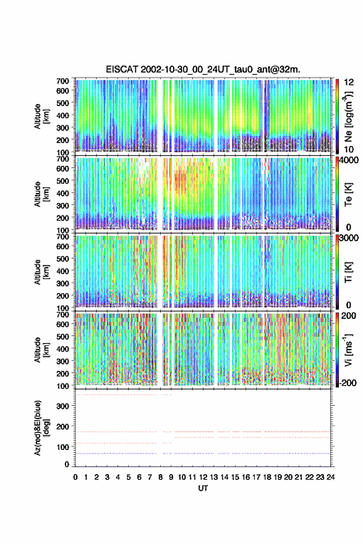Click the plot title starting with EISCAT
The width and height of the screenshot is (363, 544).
pos(203,69)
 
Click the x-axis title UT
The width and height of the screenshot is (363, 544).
pos(203,488)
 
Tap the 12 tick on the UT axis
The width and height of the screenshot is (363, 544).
pos(203,477)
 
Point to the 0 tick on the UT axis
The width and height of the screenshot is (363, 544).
pos(75,477)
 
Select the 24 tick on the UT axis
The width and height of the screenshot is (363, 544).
pos(330,477)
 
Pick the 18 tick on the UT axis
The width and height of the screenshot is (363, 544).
pos(267,477)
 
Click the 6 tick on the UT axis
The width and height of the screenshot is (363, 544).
pos(139,477)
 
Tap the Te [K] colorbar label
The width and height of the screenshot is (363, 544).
pos(348,194)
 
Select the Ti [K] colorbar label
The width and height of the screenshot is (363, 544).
pos(348,272)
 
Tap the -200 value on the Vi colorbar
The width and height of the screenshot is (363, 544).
pos(348,383)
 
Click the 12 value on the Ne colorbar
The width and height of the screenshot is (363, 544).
pos(349,82)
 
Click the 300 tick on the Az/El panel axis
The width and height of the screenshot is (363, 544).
pos(63,406)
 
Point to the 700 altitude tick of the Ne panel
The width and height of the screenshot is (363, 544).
pos(63,81)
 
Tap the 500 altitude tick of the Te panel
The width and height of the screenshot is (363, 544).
pos(63,181)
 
